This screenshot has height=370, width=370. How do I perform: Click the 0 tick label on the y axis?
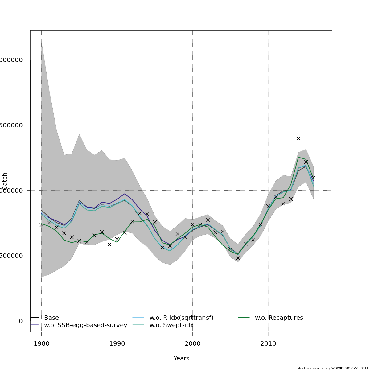tap(21, 321)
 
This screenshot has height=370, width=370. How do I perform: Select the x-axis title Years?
tap(181, 359)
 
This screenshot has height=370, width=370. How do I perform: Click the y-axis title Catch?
tap(5, 181)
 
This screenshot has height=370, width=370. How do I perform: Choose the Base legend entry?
tap(51, 318)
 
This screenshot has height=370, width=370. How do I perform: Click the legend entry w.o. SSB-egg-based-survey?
tap(85, 325)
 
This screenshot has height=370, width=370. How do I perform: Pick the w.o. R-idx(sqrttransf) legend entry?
tap(181, 318)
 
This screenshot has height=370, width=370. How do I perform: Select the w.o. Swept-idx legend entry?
tap(171, 325)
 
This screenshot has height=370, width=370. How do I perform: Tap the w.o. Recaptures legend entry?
tap(279, 318)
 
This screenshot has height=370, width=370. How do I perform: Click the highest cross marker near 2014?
tap(298, 138)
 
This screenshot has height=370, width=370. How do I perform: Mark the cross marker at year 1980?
tap(41, 225)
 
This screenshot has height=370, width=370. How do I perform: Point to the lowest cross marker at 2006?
tap(238, 258)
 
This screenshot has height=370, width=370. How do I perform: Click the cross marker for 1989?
tap(109, 245)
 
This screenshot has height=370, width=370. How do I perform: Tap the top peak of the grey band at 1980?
tap(41, 41)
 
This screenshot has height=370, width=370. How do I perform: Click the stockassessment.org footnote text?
tap(333, 368)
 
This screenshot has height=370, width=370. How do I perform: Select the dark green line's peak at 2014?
tap(298, 157)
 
